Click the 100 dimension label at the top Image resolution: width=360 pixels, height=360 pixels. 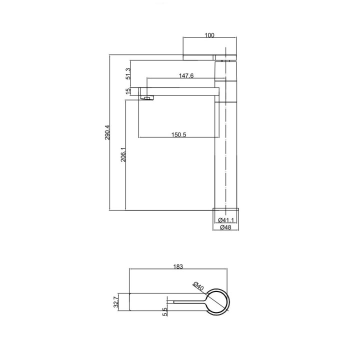coord(209,35)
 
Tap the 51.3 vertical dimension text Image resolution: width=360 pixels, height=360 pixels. coord(128,73)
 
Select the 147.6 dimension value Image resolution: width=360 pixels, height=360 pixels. coord(186,75)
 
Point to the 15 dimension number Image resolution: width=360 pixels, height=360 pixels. coord(128,91)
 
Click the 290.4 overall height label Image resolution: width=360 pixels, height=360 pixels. coord(107,132)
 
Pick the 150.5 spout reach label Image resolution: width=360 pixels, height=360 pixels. coord(178,134)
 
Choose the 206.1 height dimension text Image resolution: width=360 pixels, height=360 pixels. coord(123,154)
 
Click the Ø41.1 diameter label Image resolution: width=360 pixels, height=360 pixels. coord(226,220)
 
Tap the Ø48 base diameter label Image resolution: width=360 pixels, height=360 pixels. coord(225,227)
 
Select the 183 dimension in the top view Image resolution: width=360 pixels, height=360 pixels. coord(178,266)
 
